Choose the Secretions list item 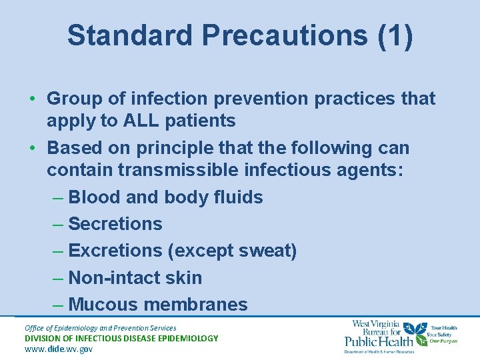115,224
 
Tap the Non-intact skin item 135,277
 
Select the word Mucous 103,305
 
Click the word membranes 195,305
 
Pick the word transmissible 177,170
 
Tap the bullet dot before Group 32,99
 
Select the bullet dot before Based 32,148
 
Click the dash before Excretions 58,251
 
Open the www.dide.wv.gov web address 59,349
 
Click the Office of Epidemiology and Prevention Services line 100,328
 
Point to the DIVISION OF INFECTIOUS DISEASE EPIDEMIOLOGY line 121,338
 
